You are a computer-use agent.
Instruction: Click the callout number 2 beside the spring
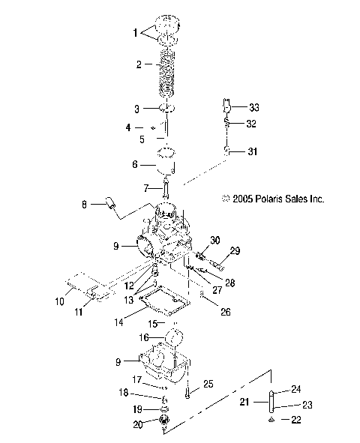(x=138, y=65)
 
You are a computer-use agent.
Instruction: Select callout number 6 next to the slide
(x=135, y=164)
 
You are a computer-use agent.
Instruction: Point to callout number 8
(x=105, y=204)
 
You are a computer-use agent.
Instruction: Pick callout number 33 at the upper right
(x=253, y=108)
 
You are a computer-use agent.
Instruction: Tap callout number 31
(x=253, y=152)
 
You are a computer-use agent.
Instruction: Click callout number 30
(x=216, y=241)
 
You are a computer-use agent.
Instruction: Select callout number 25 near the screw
(x=208, y=384)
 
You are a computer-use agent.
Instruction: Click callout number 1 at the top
(x=136, y=33)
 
